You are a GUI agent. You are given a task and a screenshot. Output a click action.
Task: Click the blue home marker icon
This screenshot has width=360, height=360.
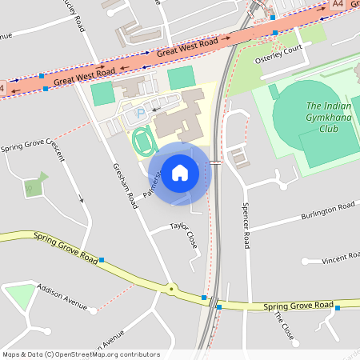click(179, 172)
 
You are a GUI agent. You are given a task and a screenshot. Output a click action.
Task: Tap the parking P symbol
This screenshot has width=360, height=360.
click(142, 113)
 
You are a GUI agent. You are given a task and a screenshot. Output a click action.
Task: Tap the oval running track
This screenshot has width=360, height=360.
click(142, 141)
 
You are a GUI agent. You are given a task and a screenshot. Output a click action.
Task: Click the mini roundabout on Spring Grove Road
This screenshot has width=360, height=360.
click(170, 288)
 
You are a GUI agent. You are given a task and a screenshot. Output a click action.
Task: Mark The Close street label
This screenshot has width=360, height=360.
click(283, 326)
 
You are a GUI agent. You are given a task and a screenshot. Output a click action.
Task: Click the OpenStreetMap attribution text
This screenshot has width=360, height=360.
click(81, 354)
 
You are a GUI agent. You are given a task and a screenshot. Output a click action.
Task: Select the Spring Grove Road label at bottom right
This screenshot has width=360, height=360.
click(298, 306)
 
